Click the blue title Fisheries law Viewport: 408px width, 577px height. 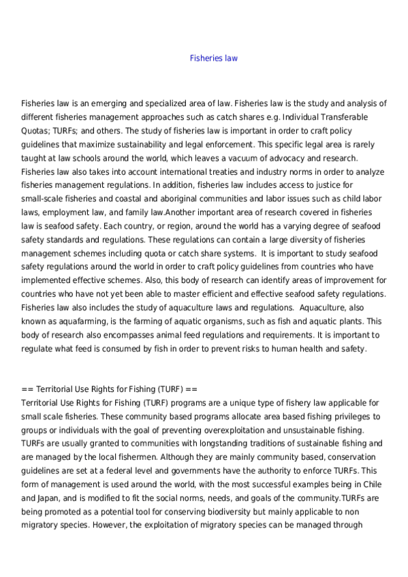coord(213,59)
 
